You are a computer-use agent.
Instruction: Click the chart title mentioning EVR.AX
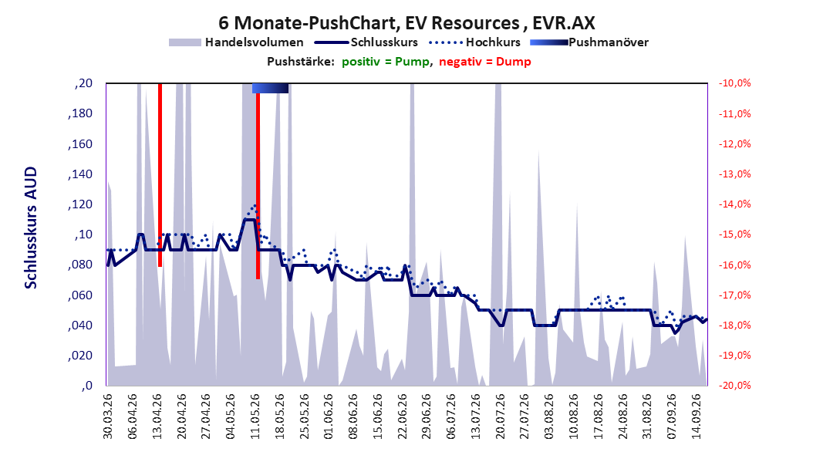pos(406,23)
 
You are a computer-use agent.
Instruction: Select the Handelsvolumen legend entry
pos(236,42)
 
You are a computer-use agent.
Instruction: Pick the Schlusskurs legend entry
pos(366,42)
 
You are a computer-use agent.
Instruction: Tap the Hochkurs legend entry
pos(474,42)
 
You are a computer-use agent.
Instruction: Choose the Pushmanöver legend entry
pos(589,42)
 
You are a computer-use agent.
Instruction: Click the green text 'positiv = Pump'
pos(385,62)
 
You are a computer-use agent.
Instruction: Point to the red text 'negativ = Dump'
pos(485,62)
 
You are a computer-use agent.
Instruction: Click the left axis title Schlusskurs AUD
pos(31,228)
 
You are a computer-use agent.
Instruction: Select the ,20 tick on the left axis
pos(83,83)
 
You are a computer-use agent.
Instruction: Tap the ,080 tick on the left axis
pos(80,265)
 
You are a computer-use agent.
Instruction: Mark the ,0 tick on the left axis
pos(86,386)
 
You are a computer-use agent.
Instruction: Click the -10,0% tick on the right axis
pos(734,83)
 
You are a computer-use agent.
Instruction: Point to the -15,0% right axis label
pos(734,234)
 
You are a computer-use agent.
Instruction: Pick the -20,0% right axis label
pos(734,386)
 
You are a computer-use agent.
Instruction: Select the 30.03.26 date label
pos(108,417)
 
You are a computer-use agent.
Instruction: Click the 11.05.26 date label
pos(255,417)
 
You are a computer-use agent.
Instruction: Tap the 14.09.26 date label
pos(697,417)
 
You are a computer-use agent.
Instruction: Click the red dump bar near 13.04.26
pos(160,175)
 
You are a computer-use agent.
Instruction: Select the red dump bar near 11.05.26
pos(258,186)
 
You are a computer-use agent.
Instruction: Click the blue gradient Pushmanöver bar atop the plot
pos(270,88)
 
